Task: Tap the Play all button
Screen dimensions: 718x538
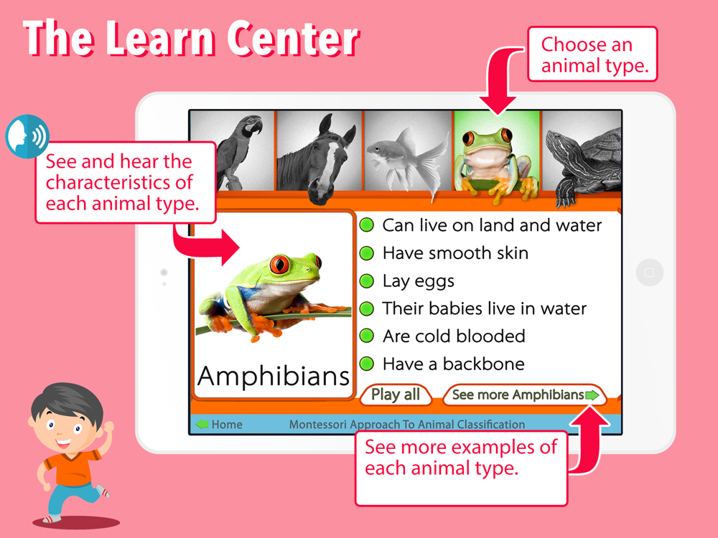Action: pyautogui.click(x=396, y=395)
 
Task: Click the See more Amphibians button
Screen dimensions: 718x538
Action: pyautogui.click(x=525, y=395)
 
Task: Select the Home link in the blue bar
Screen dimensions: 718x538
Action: pyautogui.click(x=219, y=425)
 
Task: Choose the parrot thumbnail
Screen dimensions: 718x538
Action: pyautogui.click(x=232, y=151)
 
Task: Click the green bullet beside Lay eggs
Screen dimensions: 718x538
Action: pyautogui.click(x=367, y=281)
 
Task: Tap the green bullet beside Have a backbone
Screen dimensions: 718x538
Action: pyautogui.click(x=367, y=364)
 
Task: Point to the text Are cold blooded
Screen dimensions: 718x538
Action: pyautogui.click(x=454, y=336)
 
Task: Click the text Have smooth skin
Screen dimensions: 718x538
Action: pyautogui.click(x=456, y=253)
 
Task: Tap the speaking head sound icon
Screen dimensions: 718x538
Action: pyautogui.click(x=27, y=136)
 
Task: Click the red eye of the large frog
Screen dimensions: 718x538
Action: pyautogui.click(x=279, y=264)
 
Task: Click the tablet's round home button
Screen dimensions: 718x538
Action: pyautogui.click(x=649, y=273)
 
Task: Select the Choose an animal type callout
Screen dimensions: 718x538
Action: pyautogui.click(x=592, y=55)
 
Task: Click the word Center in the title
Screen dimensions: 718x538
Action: pyautogui.click(x=293, y=39)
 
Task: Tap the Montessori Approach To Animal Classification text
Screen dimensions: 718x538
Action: pyautogui.click(x=406, y=425)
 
